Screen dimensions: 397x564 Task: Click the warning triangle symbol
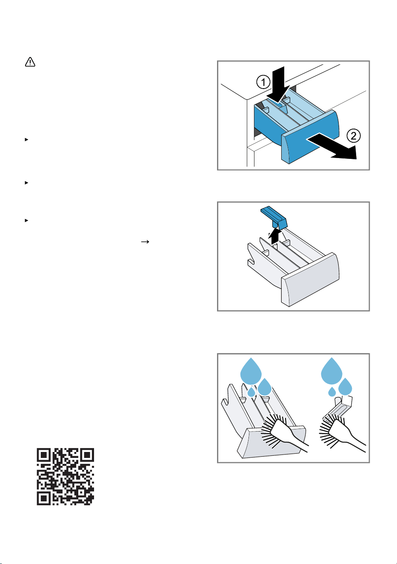30,62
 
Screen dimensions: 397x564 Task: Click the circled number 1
263,82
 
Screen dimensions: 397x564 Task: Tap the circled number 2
354,136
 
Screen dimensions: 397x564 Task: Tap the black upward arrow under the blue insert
275,236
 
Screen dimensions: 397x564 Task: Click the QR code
66,477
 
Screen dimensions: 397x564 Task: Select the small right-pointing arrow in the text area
145,242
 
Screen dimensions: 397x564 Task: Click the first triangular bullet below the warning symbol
26,139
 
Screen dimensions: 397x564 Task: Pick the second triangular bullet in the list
26,183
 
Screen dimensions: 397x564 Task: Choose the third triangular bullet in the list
26,220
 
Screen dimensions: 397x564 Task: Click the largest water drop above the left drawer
251,371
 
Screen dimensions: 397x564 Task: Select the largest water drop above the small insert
331,371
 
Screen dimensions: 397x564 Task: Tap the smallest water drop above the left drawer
251,392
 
